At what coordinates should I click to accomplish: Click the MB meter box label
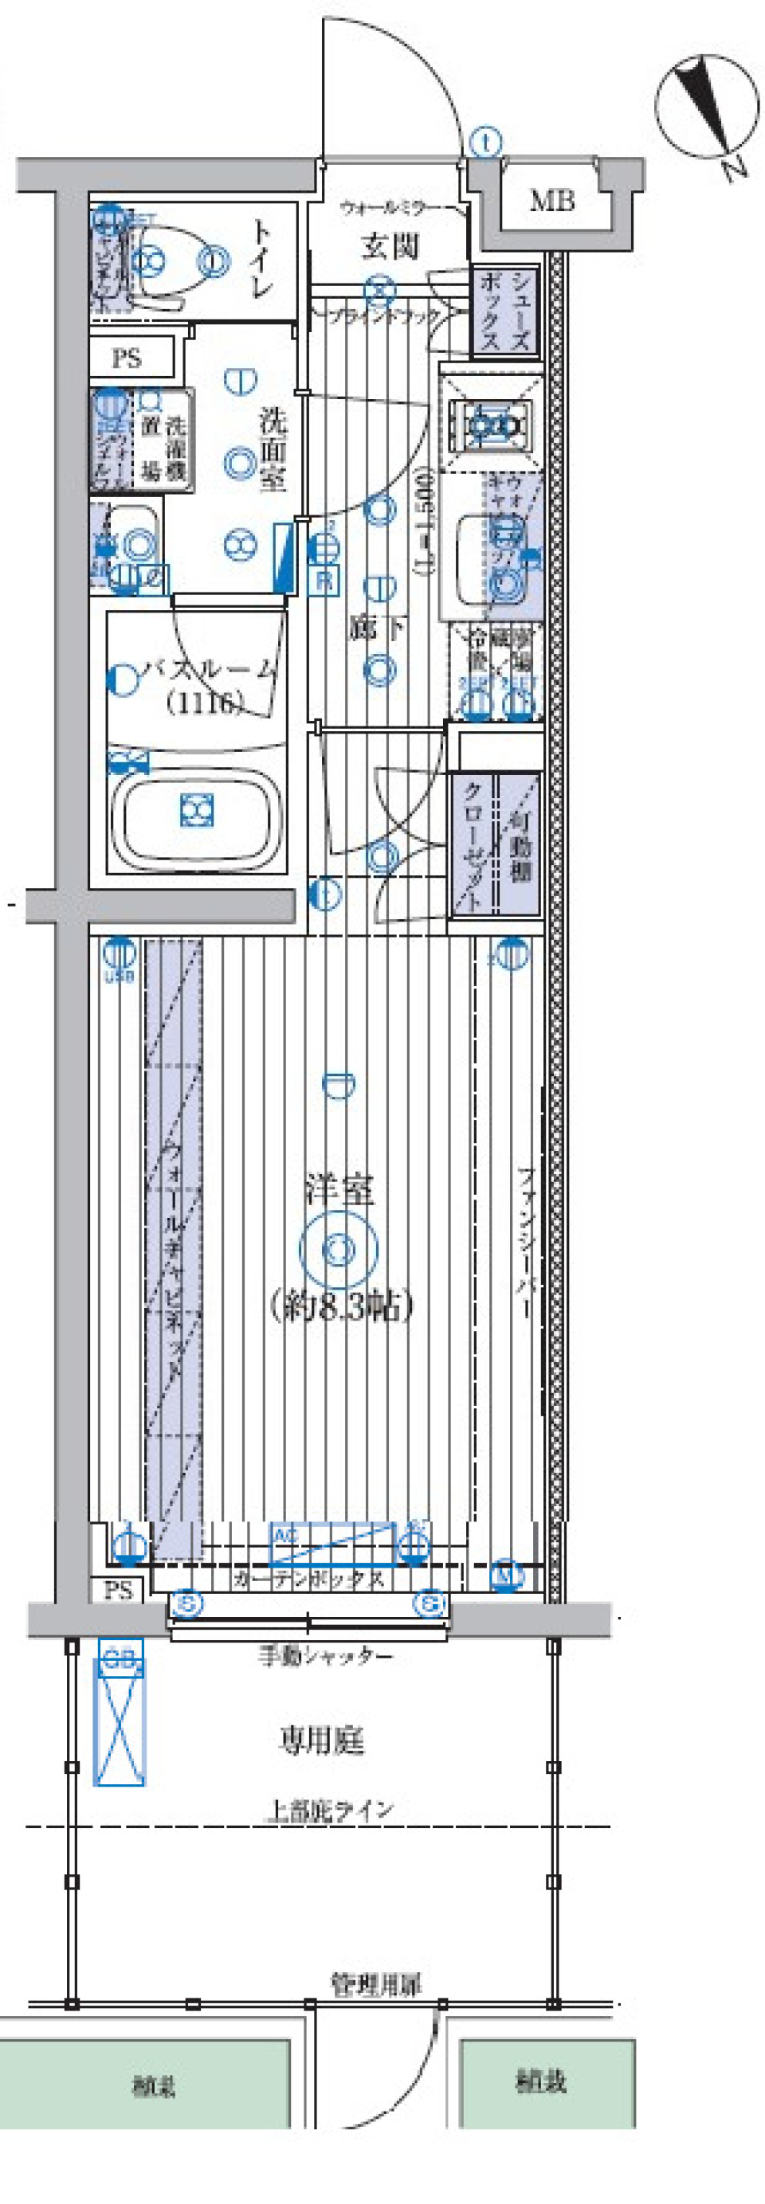pos(552,201)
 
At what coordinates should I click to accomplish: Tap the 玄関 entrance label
pos(390,246)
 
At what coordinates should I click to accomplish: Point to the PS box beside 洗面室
pos(128,358)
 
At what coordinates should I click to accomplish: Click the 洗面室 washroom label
pos(274,448)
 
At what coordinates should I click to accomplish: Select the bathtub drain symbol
pos(196,809)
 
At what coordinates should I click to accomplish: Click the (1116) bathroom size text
pos(205,703)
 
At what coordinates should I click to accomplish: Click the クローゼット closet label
pos(473,843)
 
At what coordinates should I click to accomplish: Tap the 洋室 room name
pos(339,1190)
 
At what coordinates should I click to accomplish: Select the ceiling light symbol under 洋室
pos(339,1250)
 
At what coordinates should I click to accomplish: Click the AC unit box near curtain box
pos(334,1543)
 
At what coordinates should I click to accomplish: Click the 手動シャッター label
pos(325,1658)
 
